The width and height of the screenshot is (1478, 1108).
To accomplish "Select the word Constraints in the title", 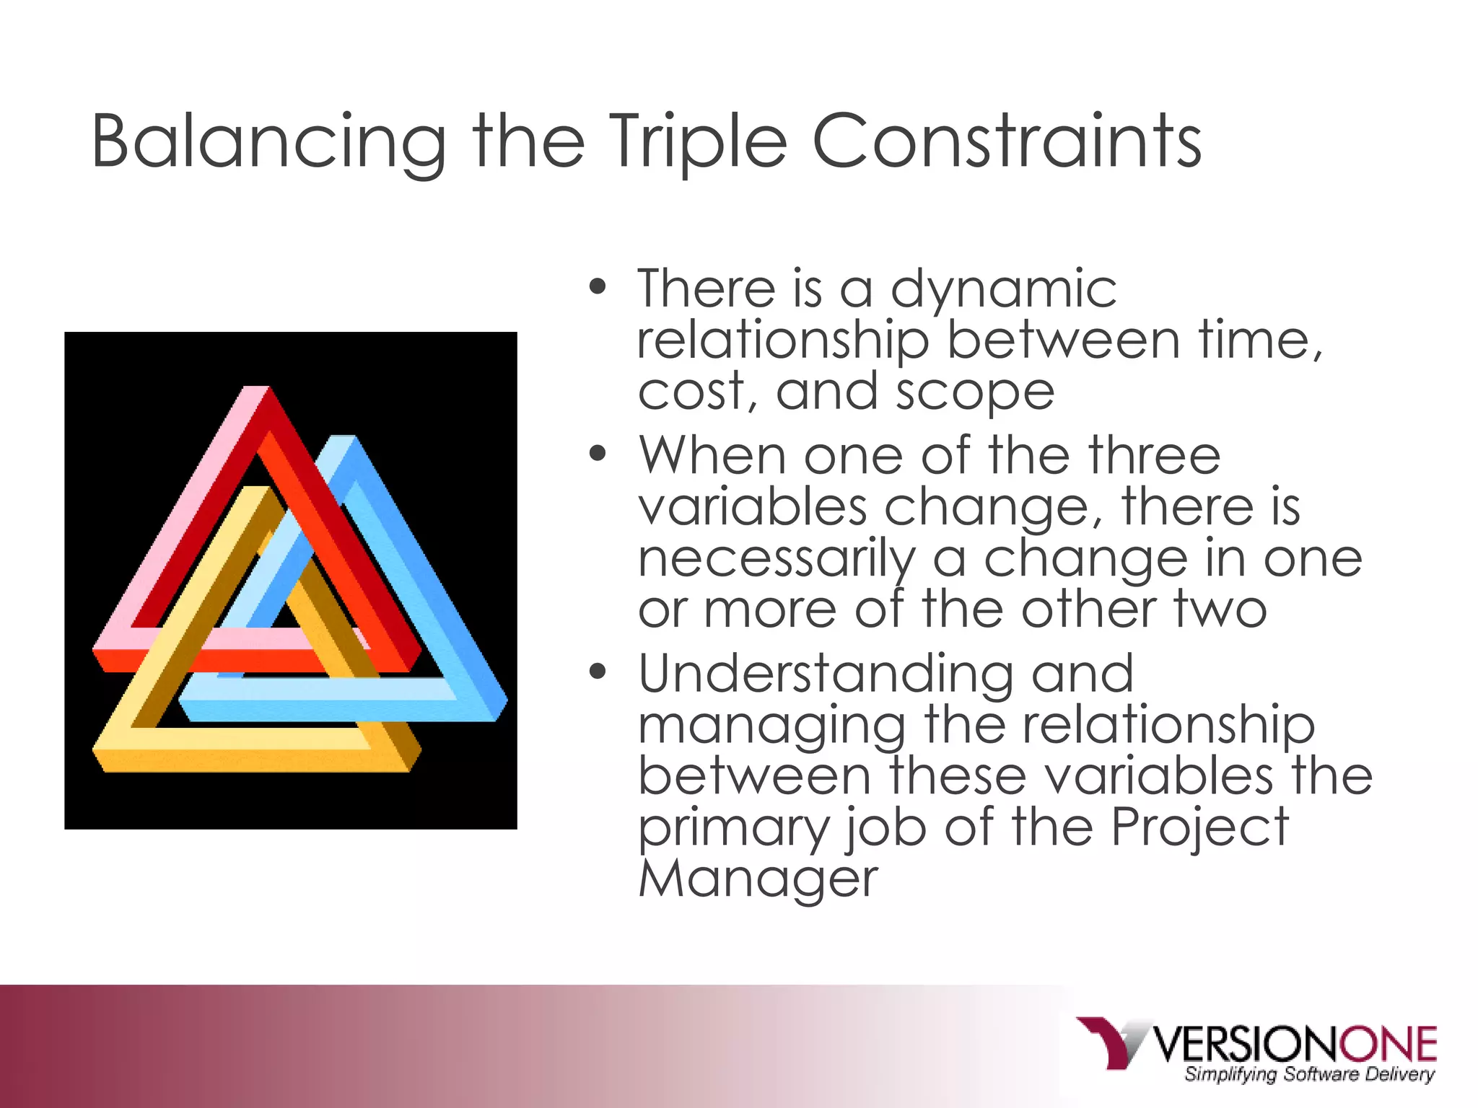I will coord(1006,141).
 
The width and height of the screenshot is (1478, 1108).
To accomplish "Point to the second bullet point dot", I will coord(598,454).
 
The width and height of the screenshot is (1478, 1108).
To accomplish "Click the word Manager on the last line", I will coord(758,879).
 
